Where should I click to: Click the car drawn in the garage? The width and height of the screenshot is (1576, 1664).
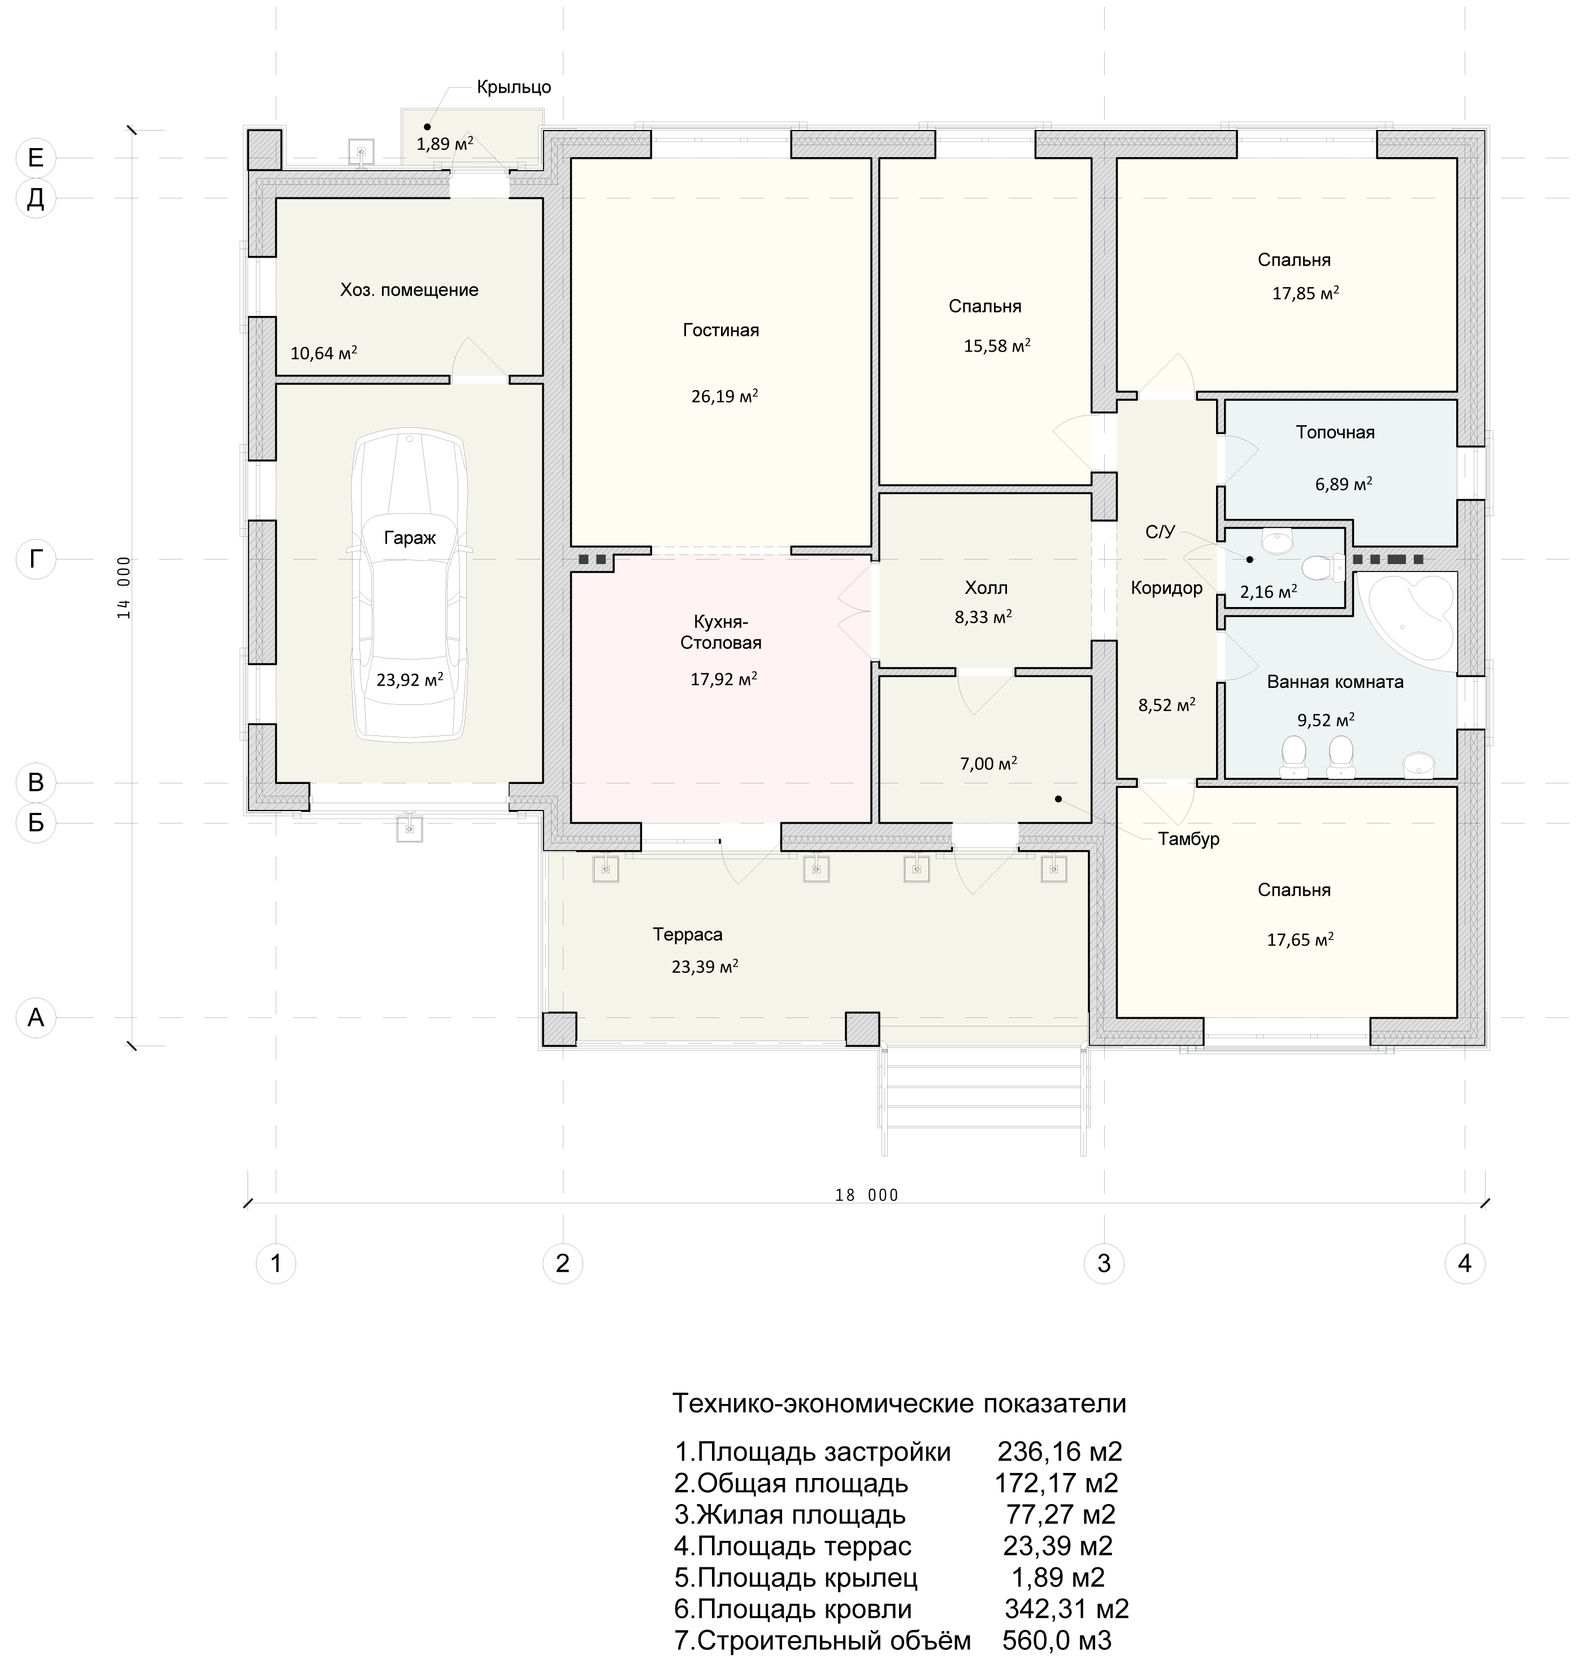point(410,587)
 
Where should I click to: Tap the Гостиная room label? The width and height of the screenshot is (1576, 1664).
point(721,330)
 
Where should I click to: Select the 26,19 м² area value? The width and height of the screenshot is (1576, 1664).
point(725,396)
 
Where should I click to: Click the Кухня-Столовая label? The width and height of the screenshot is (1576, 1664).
point(721,632)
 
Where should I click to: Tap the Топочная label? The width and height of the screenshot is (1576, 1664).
point(1335,433)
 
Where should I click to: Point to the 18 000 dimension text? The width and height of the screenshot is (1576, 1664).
point(867,1195)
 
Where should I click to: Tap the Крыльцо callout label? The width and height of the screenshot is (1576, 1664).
point(514,88)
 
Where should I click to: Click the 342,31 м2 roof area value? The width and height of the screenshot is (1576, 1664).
point(1067,1609)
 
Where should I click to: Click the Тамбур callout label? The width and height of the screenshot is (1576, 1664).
point(1189,839)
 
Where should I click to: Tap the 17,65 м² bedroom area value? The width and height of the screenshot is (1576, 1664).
point(1300,939)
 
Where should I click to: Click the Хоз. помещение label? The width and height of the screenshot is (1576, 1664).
point(409,290)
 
